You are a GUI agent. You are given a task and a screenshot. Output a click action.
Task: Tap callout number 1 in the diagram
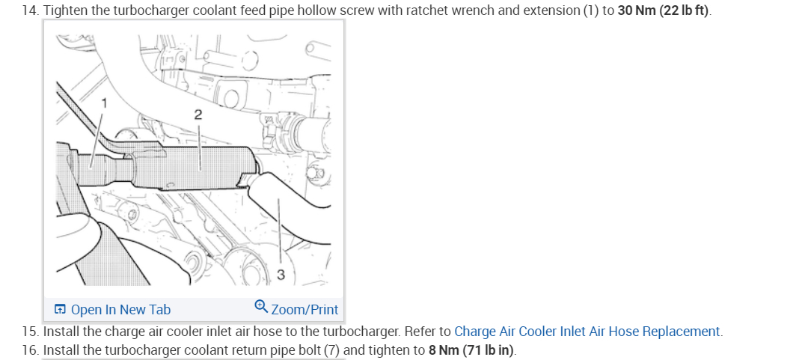coord(105,103)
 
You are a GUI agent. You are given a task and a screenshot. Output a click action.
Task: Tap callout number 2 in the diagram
coord(198,115)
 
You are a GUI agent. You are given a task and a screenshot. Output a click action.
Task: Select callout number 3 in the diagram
coord(281,275)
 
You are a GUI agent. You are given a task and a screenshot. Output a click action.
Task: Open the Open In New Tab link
coord(120,309)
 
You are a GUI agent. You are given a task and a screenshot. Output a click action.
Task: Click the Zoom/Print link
coord(304,309)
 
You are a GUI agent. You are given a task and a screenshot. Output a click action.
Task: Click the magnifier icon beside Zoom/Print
coord(261,308)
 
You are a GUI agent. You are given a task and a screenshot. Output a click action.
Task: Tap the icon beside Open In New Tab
coord(60,309)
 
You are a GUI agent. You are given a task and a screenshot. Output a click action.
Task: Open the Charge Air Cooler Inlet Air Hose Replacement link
coord(587,331)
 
